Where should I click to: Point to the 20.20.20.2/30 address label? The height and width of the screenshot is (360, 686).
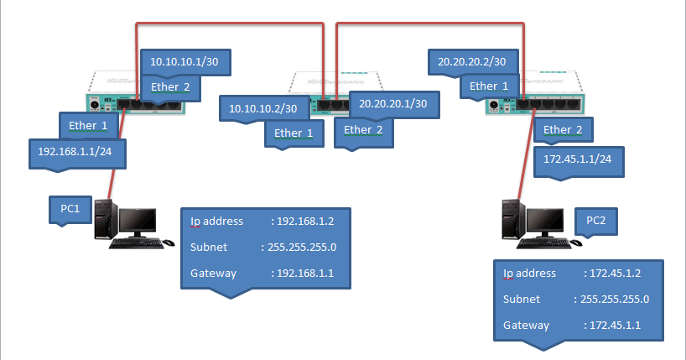478,61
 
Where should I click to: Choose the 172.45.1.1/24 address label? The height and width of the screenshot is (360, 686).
578,157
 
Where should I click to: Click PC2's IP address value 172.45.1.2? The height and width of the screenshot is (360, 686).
616,274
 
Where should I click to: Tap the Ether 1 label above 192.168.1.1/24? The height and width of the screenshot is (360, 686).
88,125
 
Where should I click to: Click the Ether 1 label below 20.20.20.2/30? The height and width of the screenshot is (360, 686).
488,86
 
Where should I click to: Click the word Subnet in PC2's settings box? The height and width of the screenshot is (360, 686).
522,299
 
